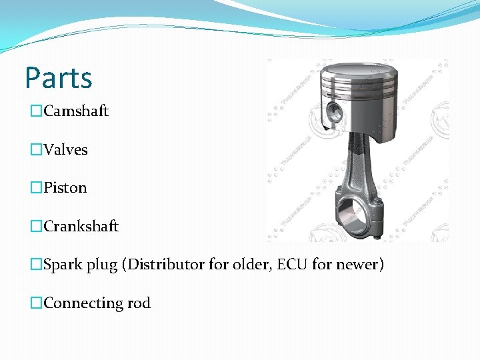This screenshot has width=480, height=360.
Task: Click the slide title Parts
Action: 59,78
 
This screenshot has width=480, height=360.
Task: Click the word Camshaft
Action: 76,111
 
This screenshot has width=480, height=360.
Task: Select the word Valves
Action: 66,150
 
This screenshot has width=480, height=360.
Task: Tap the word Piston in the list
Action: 65,188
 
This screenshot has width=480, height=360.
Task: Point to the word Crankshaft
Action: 81,227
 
